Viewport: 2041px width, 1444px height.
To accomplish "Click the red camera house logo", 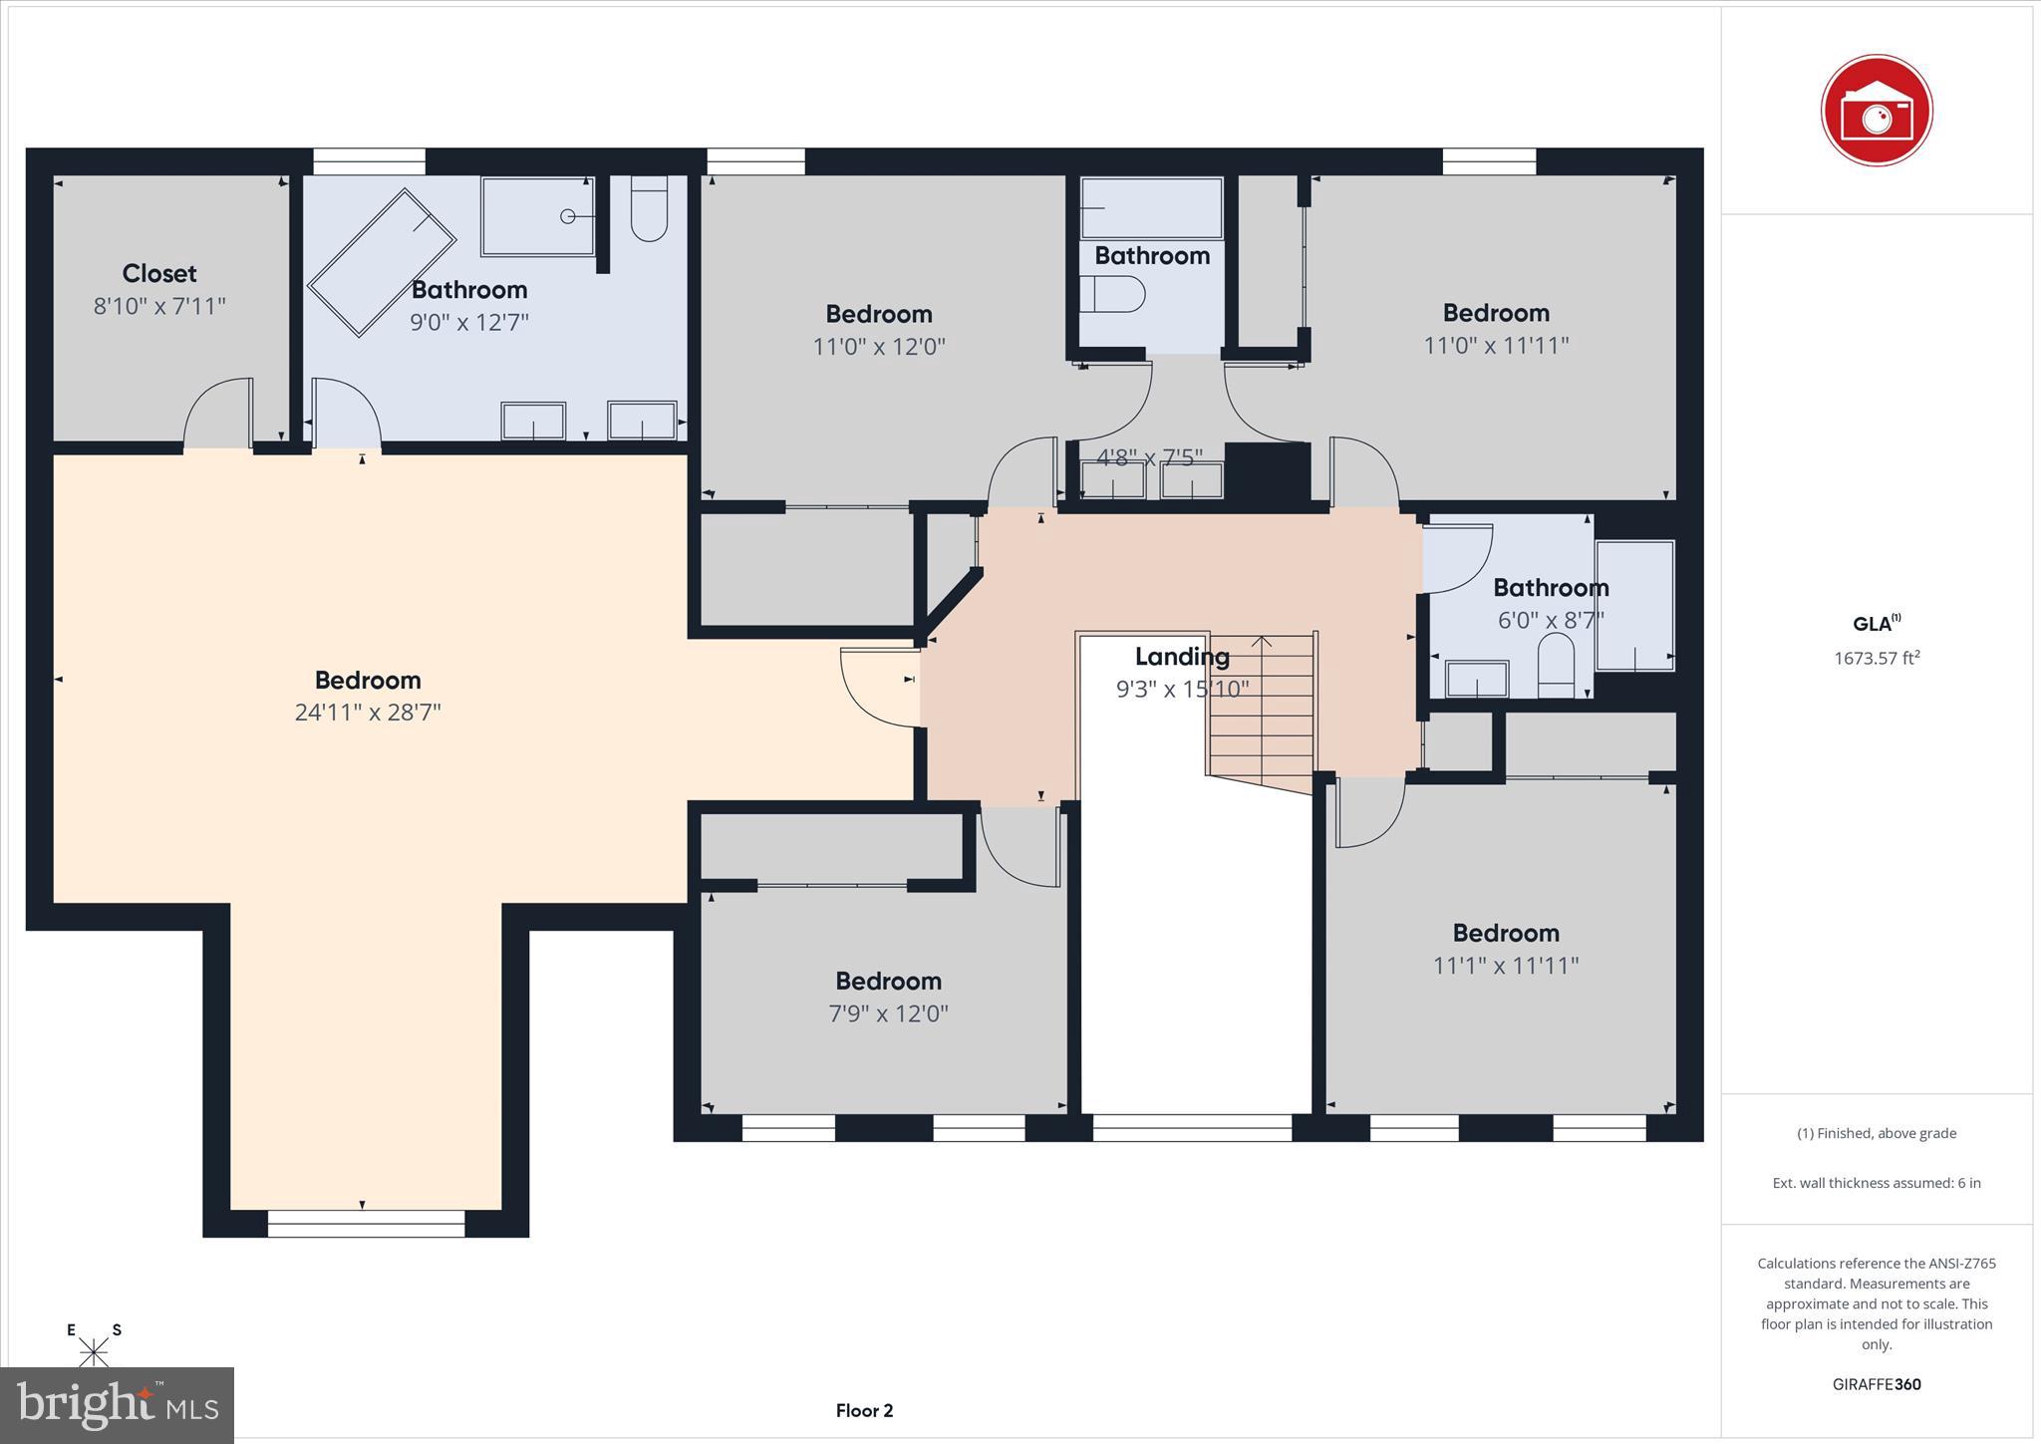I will [1877, 111].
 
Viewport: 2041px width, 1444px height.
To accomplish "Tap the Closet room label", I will [159, 273].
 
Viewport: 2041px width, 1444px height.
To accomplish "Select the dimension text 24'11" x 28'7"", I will [368, 713].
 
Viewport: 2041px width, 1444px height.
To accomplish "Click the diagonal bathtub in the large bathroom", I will [382, 262].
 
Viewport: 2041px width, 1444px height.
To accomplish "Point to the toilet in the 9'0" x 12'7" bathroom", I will [649, 209].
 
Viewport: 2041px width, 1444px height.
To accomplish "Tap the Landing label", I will [1182, 657].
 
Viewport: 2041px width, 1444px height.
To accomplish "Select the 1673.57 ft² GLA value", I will [1877, 658].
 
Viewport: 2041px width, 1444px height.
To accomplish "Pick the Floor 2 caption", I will [864, 1410].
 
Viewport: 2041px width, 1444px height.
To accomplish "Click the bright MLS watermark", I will [118, 1405].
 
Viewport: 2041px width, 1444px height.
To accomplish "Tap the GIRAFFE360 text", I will [1877, 1384].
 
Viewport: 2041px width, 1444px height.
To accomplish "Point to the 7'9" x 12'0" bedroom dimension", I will [888, 1013].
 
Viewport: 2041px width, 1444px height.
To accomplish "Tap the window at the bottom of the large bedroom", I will [366, 1223].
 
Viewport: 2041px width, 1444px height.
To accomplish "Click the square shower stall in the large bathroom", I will [538, 216].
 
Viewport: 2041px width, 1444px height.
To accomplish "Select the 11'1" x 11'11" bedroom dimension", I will [1506, 966].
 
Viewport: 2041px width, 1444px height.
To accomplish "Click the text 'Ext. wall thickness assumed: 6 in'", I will [1877, 1183].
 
